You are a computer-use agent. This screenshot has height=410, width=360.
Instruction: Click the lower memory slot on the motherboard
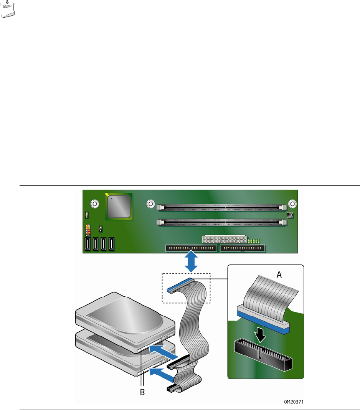coord(222,222)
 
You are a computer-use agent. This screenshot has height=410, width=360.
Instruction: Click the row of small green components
coord(254,241)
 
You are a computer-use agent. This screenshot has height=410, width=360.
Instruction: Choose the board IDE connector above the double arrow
coord(191,248)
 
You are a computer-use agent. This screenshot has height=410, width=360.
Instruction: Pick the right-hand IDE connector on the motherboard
coord(243,248)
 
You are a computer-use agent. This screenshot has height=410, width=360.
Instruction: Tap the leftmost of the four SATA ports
coord(87,244)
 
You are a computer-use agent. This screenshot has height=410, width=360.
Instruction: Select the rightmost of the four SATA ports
coord(112,244)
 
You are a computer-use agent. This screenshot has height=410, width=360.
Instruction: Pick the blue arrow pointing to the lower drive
coord(161,372)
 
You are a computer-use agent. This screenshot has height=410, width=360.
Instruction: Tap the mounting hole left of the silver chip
coord(94,204)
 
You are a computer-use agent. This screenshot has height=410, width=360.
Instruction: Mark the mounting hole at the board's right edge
coord(293,204)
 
